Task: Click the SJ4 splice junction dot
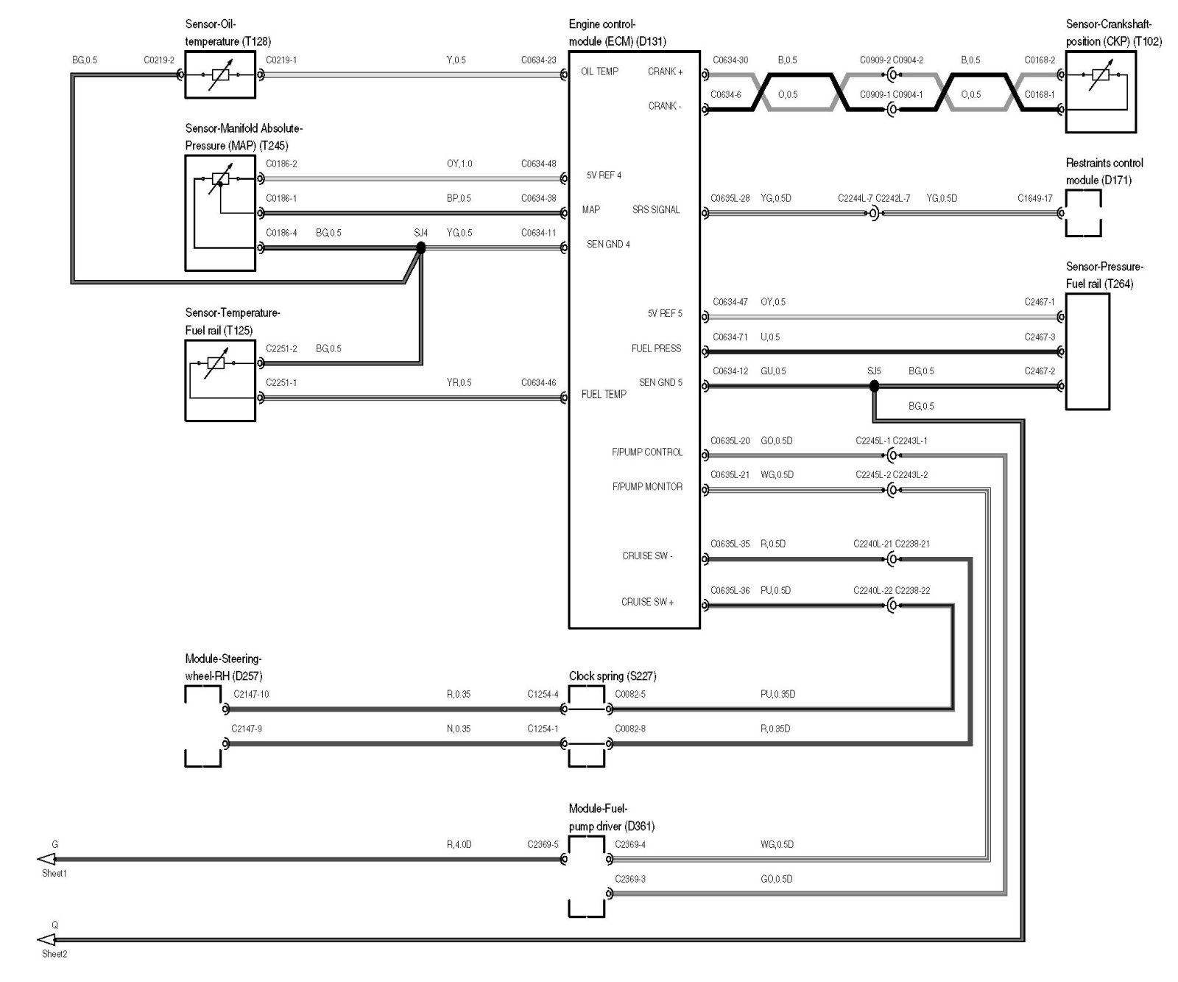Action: coord(421,248)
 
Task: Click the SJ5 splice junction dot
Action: coord(874,386)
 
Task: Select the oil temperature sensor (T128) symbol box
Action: coord(220,74)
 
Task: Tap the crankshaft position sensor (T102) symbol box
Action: coord(1101,92)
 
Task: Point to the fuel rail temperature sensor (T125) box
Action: coord(220,381)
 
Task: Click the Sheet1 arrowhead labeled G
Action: coord(46,859)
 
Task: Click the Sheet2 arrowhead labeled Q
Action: coord(46,939)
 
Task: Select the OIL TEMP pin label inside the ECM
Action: coord(599,71)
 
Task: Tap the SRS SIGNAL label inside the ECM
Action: coord(656,210)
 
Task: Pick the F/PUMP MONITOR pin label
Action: coord(647,487)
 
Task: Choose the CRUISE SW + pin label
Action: coord(647,602)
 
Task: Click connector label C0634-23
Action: coord(538,60)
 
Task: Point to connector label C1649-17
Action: coord(1035,198)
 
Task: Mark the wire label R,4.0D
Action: coord(459,844)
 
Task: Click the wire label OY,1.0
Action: coord(459,164)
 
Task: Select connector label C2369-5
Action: coord(543,844)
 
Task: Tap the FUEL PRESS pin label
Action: coord(656,348)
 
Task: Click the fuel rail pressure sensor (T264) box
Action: coord(1087,351)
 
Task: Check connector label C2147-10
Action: coord(251,694)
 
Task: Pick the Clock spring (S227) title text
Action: coord(613,676)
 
